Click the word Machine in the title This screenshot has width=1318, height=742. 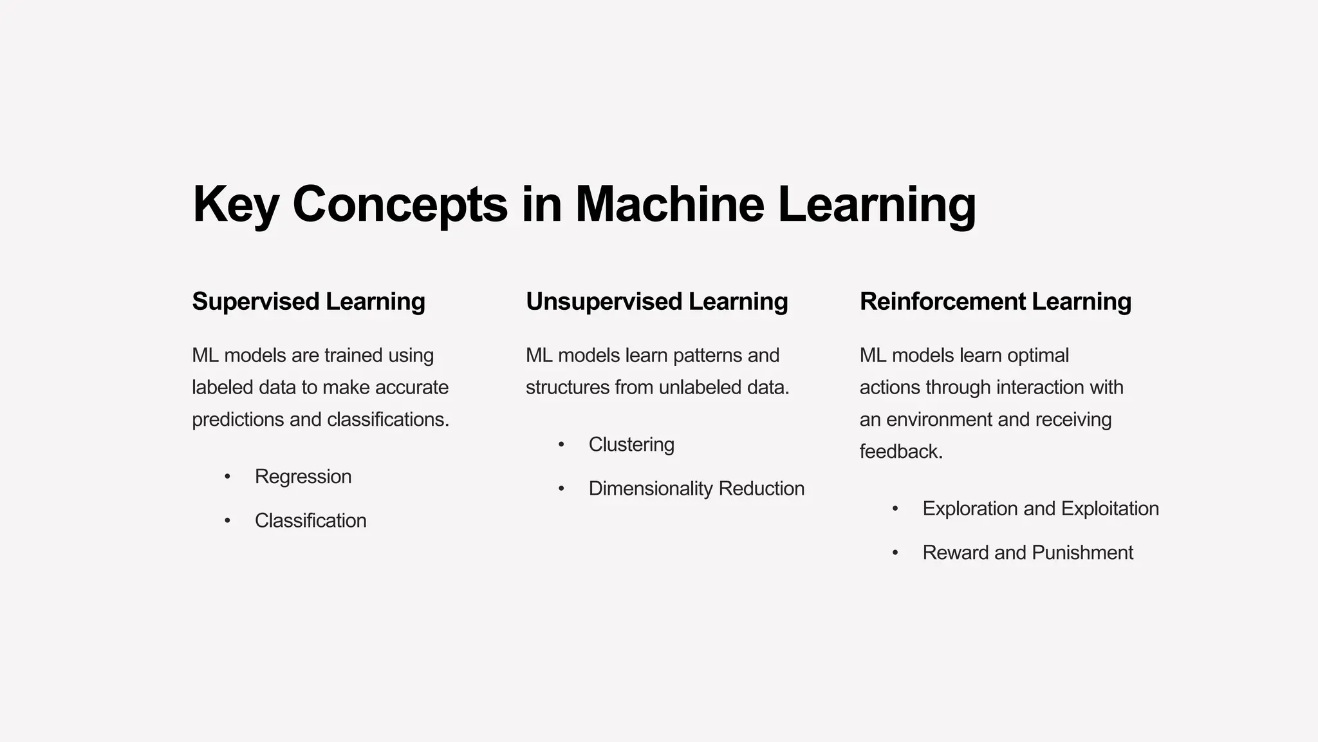[x=669, y=204]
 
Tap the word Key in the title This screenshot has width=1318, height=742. [x=235, y=204]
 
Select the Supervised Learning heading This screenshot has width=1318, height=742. [x=308, y=301]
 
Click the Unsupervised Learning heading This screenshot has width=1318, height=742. [x=656, y=301]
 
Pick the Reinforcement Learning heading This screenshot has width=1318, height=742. [x=995, y=301]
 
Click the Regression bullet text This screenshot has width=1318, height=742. [x=303, y=477]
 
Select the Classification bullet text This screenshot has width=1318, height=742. [x=310, y=520]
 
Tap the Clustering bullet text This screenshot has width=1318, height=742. [x=631, y=444]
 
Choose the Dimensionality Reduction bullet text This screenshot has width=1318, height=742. [x=696, y=489]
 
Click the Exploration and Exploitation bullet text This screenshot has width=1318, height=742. [x=1040, y=509]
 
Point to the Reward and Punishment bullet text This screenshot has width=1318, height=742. [x=1027, y=553]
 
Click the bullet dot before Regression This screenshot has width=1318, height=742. [x=227, y=477]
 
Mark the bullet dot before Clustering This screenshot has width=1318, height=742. [x=561, y=445]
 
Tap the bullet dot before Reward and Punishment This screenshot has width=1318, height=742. [x=895, y=553]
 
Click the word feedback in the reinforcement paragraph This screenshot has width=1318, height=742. [x=900, y=452]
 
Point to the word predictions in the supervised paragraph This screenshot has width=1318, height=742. [x=238, y=420]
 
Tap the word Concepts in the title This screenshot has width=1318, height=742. [x=400, y=204]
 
